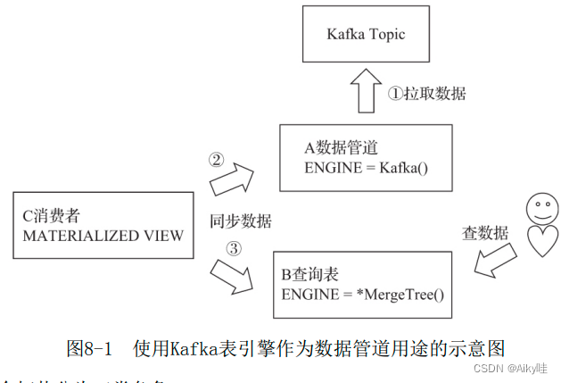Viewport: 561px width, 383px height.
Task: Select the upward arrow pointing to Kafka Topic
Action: (364, 93)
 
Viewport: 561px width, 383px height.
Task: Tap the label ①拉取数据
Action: (426, 93)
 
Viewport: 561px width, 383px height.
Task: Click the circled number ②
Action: (216, 161)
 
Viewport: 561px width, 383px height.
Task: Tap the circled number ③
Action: (234, 249)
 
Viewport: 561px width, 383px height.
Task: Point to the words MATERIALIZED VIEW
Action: (103, 236)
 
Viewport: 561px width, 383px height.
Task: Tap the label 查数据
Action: (485, 234)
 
